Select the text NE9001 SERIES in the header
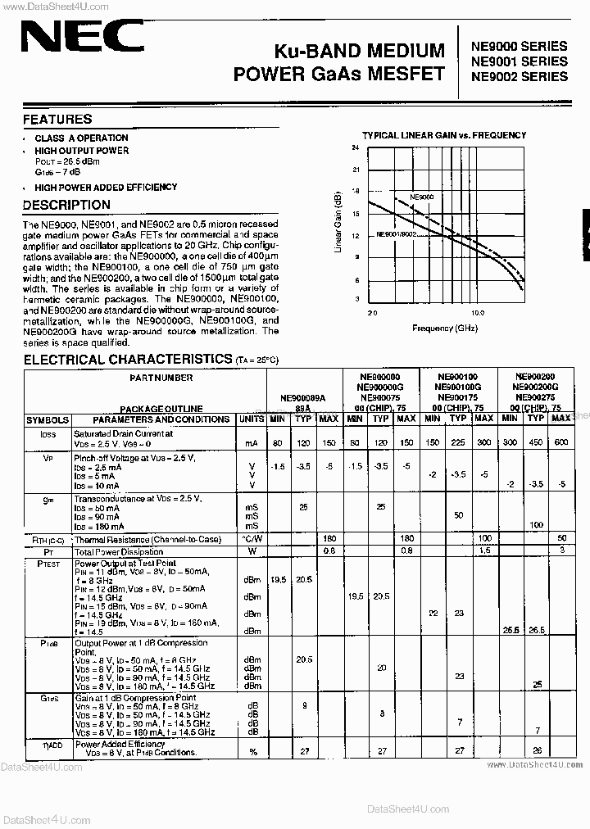click(518, 61)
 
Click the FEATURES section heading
click(57, 120)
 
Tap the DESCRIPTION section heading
click(66, 205)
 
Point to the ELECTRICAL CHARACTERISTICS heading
click(127, 359)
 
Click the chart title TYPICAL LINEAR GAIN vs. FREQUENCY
click(444, 135)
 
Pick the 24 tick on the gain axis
click(355, 148)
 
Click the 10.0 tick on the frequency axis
click(478, 313)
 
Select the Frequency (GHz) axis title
click(444, 328)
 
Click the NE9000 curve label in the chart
click(422, 197)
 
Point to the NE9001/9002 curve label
click(396, 234)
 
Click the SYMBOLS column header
click(48, 419)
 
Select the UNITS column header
click(252, 419)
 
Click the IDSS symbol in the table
click(48, 434)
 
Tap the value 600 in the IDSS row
click(561, 443)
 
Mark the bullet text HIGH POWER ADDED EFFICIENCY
click(106, 188)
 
